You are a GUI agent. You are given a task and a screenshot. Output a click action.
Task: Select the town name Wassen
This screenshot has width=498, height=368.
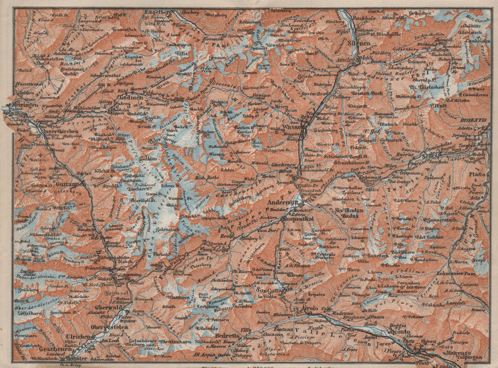[x=291, y=127]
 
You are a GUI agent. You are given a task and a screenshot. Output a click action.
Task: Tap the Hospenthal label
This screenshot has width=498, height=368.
[x=297, y=219]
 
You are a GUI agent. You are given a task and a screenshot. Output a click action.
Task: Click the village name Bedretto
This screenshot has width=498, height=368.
[x=227, y=336]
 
